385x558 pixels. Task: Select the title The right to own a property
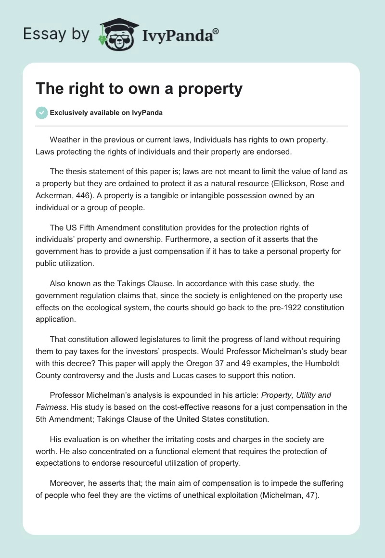coord(139,89)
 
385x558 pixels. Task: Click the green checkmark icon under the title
coord(41,113)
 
